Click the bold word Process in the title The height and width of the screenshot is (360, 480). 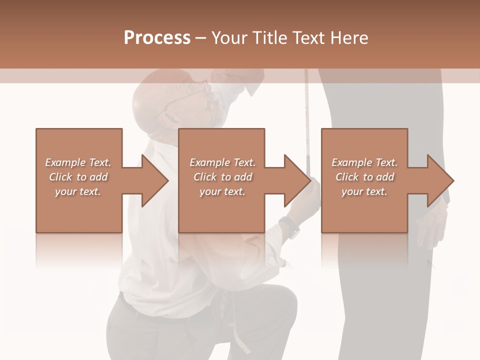tap(157, 38)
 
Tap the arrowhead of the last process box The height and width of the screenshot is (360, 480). tap(439, 180)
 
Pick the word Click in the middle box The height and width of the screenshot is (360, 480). tap(204, 177)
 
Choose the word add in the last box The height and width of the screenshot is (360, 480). tap(385, 177)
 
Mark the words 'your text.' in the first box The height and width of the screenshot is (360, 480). tap(78, 191)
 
